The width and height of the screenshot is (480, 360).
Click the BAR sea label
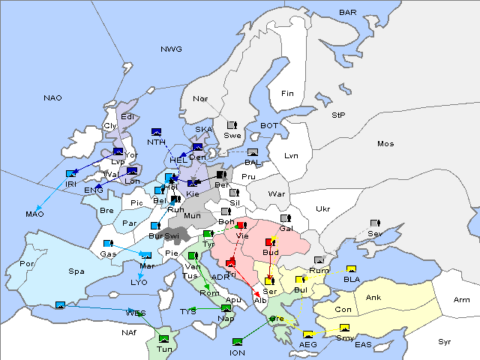[347, 13]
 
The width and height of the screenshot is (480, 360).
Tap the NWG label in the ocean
[171, 49]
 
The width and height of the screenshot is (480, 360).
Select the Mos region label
[385, 143]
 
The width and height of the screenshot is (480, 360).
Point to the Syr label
[445, 341]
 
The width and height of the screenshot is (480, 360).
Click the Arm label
[462, 300]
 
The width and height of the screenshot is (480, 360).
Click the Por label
[28, 264]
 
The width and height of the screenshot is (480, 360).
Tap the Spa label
[76, 271]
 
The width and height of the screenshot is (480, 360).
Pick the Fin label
[287, 94]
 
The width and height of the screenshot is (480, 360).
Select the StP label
[338, 115]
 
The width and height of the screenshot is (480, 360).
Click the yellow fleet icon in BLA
[351, 269]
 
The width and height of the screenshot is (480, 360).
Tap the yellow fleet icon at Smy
[345, 328]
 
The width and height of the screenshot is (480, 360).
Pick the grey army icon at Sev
[374, 223]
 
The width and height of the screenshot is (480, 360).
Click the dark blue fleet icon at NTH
[157, 132]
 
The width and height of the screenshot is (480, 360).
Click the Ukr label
[322, 208]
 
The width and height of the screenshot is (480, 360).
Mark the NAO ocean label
[53, 97]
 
